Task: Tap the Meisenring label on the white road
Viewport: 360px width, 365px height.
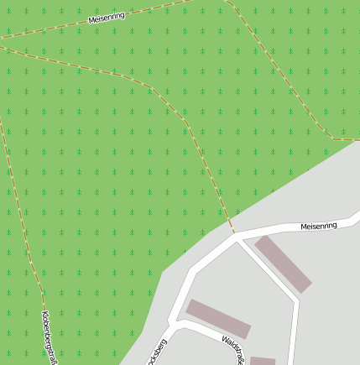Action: [x=319, y=226]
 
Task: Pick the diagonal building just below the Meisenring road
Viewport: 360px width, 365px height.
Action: [x=283, y=263]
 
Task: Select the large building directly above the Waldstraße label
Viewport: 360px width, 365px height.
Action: [x=218, y=318]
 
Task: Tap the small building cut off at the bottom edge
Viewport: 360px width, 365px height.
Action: [x=263, y=361]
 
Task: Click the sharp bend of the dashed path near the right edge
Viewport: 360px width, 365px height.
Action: [x=333, y=138]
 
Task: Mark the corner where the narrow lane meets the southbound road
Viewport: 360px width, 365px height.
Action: [x=297, y=297]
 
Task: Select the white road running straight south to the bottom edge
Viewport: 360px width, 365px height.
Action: [x=295, y=336]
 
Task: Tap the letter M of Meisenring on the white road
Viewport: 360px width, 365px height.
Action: [x=304, y=227]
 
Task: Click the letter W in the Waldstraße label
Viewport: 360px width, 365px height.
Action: [x=224, y=340]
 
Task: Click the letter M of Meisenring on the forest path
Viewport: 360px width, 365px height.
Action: [x=91, y=20]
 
